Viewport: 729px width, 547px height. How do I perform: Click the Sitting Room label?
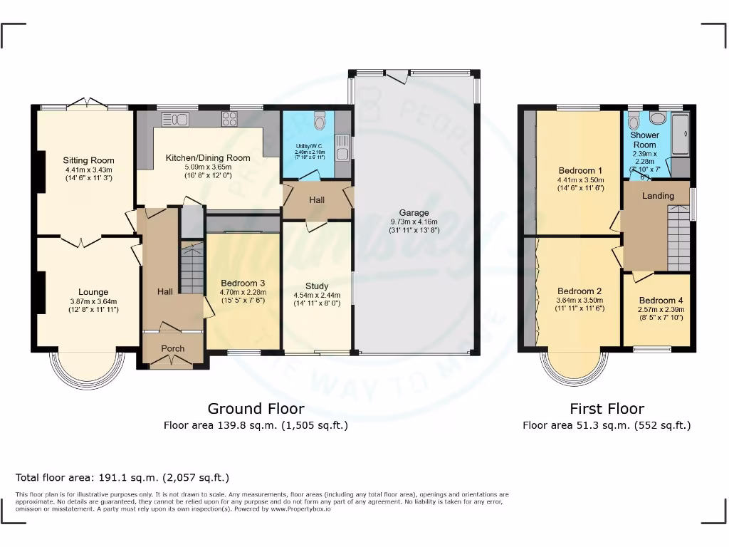click(x=88, y=160)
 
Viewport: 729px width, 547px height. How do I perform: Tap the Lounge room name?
click(x=93, y=292)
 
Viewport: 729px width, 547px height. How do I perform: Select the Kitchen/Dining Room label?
click(x=208, y=157)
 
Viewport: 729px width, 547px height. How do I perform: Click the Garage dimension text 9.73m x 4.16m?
click(x=414, y=222)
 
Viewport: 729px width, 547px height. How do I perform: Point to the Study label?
click(x=317, y=286)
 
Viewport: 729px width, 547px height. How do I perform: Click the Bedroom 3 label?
click(x=243, y=283)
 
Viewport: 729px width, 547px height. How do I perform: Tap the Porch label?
click(x=172, y=348)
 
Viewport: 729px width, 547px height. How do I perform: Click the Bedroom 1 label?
click(x=580, y=171)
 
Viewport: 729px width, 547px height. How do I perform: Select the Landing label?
click(x=658, y=196)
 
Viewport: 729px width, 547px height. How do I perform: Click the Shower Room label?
click(x=645, y=140)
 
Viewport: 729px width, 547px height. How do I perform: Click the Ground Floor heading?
click(x=256, y=409)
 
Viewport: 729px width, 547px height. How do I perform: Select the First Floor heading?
click(x=607, y=409)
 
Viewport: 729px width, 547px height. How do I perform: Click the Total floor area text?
click(x=122, y=478)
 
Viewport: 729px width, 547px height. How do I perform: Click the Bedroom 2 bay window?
click(x=577, y=366)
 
